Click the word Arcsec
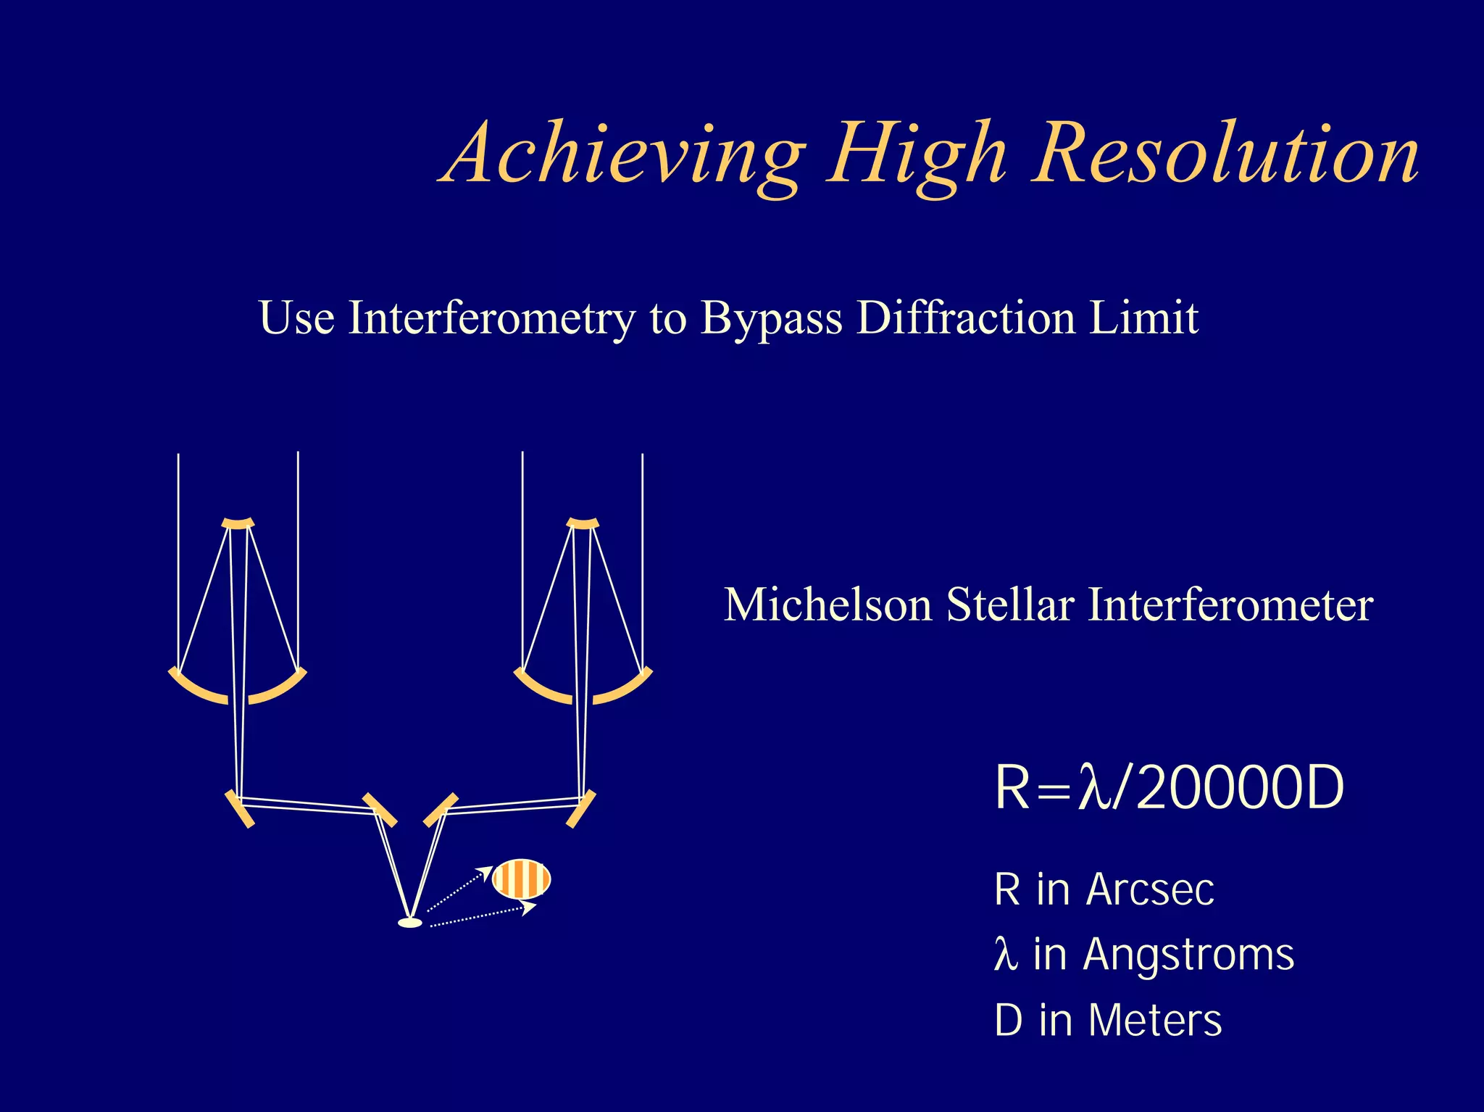[1149, 889]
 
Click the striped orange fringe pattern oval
[521, 879]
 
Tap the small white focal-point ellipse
[410, 923]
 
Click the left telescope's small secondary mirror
[238, 523]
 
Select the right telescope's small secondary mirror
[583, 523]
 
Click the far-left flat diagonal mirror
[240, 809]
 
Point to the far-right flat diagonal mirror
[581, 809]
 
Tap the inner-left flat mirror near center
[380, 810]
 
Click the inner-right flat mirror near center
[441, 810]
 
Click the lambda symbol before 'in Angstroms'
[1005, 955]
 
